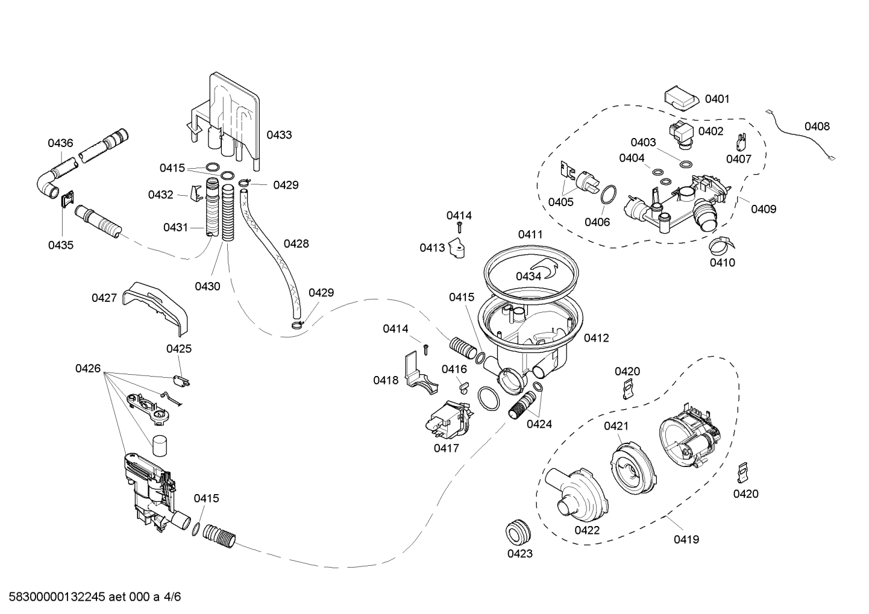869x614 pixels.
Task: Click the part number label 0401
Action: click(x=717, y=99)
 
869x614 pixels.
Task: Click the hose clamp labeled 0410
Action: click(x=721, y=243)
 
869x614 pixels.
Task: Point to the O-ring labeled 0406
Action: click(x=608, y=195)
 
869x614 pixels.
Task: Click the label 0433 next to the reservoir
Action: click(x=279, y=135)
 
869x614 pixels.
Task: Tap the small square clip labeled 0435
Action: click(x=67, y=198)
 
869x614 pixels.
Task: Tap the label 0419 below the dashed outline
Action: click(x=686, y=539)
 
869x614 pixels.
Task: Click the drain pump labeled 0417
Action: click(x=449, y=421)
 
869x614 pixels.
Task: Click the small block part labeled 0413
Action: click(x=459, y=248)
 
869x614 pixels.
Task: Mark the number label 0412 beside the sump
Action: click(x=596, y=338)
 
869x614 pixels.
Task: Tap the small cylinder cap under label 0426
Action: click(x=160, y=446)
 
